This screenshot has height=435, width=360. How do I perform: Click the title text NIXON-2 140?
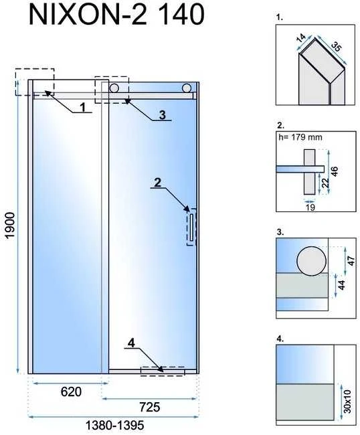click(116, 15)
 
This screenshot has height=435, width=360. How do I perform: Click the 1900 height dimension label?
click(11, 226)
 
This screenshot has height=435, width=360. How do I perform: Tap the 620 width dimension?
click(71, 391)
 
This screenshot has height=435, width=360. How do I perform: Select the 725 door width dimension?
click(149, 408)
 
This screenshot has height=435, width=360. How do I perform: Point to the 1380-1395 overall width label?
click(114, 425)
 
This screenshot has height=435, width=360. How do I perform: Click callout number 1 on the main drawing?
click(83, 107)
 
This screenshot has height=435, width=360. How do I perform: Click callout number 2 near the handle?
click(157, 183)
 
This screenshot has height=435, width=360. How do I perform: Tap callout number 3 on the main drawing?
click(162, 114)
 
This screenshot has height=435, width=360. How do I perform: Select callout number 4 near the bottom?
click(131, 343)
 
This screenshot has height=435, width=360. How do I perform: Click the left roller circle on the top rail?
click(114, 88)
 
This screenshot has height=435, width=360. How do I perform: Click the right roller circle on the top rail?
click(187, 88)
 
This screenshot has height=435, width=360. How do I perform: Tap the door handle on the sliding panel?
click(191, 228)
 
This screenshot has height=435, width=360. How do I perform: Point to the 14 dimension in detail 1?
click(301, 37)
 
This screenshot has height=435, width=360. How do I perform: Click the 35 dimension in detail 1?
click(337, 46)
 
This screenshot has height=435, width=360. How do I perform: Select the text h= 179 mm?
click(300, 137)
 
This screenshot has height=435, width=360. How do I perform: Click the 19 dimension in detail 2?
click(310, 207)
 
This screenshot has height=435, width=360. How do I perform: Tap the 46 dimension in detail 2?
click(334, 172)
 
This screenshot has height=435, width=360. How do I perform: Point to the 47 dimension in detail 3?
click(351, 261)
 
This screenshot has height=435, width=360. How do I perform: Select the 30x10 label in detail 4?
click(347, 401)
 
